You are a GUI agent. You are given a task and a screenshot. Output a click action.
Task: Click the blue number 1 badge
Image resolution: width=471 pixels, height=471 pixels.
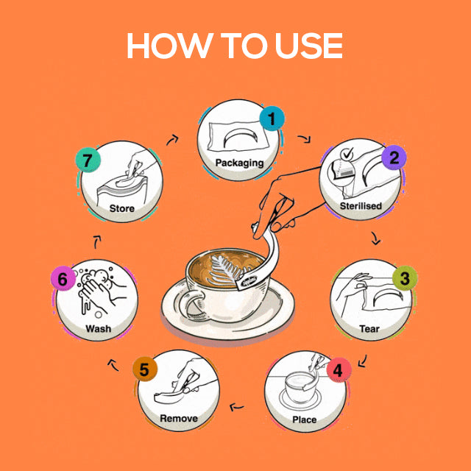[x=272, y=118]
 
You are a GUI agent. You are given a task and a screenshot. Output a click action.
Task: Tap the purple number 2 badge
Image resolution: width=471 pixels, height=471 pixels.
[x=394, y=157]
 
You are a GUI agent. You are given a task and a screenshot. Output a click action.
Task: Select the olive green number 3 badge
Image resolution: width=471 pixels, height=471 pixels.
[x=405, y=278]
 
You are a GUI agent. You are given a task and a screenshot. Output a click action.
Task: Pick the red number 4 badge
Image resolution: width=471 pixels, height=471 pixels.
[x=339, y=370]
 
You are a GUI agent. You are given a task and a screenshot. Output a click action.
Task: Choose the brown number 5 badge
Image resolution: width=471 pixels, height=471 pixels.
[x=145, y=369]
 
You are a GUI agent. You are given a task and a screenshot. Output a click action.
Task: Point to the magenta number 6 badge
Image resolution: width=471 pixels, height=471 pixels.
[x=63, y=278]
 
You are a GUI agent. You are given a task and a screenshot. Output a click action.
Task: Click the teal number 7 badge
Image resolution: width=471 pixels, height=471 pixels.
[x=88, y=160]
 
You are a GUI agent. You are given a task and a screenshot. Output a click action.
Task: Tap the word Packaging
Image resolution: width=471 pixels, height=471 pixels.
[x=239, y=163]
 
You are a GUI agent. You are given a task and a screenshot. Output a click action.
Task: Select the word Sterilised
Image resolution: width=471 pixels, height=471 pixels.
[x=361, y=206]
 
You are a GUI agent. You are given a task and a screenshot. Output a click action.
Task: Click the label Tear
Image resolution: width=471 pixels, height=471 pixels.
[x=369, y=329]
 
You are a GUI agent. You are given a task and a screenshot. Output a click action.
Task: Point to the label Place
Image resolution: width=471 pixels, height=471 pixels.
[x=304, y=419]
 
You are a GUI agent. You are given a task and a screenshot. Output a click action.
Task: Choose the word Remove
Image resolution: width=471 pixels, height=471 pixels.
[x=179, y=419]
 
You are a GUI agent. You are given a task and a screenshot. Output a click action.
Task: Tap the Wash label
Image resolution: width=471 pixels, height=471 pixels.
[x=98, y=329]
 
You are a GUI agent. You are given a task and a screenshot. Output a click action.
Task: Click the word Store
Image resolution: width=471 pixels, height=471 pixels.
[x=121, y=208]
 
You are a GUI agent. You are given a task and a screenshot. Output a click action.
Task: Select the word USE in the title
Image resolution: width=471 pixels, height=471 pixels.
[x=309, y=46]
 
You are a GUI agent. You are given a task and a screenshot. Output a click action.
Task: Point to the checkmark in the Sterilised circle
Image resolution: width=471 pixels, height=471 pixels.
[x=347, y=154]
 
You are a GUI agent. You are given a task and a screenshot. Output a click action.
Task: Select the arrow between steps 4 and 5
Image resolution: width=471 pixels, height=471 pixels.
[x=237, y=407]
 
